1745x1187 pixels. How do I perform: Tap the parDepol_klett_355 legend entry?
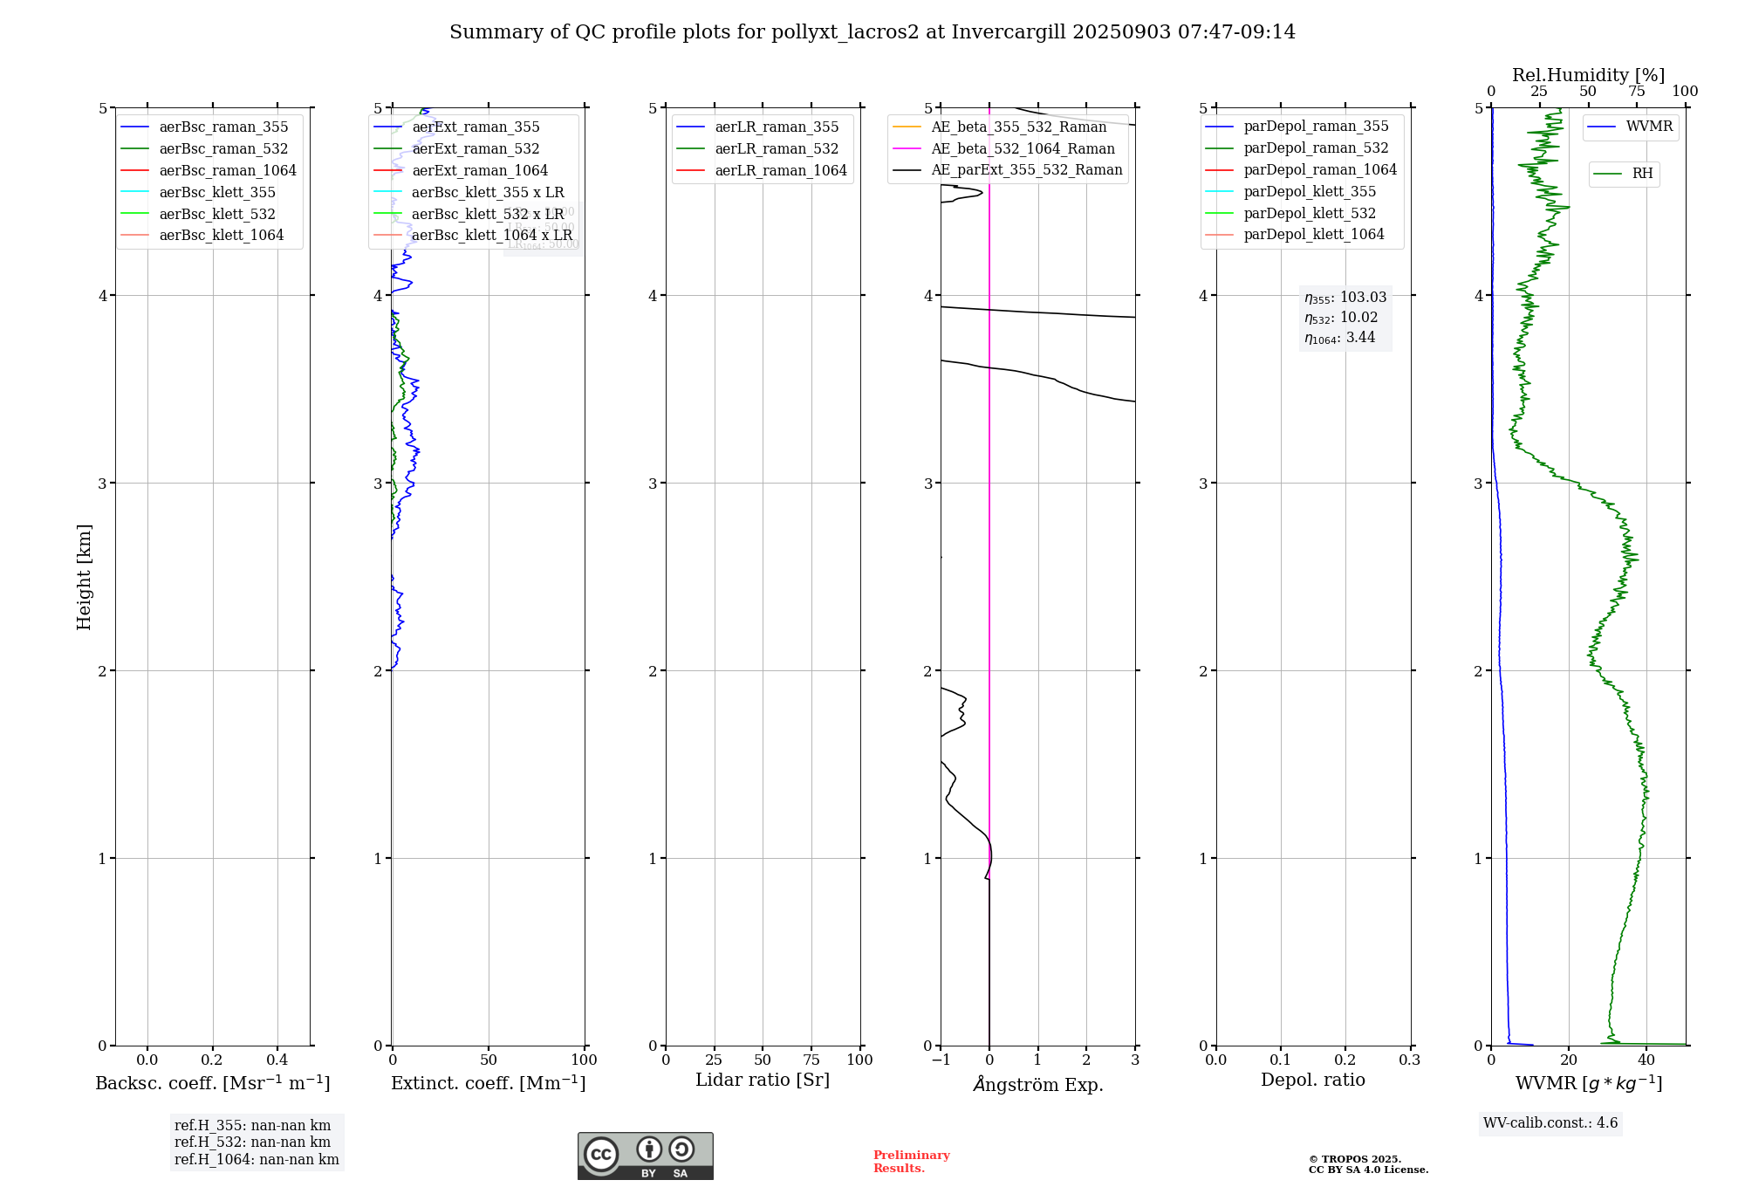coord(1310,192)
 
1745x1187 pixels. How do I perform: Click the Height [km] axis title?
coord(84,576)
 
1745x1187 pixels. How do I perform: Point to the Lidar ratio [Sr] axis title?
coord(763,1081)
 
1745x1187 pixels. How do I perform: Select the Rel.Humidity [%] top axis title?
coord(1588,75)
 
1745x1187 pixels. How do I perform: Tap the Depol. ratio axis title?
coord(1312,1081)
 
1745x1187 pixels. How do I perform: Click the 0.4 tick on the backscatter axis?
coord(277,1060)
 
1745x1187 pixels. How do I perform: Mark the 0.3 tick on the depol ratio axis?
coord(1409,1060)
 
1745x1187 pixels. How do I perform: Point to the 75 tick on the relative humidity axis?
coord(1637,92)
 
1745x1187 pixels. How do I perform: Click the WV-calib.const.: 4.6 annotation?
coord(1550,1123)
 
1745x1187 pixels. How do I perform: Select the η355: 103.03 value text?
coord(1345,298)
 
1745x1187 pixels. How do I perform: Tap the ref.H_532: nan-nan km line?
coord(252,1142)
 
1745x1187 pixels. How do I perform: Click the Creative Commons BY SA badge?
coord(645,1156)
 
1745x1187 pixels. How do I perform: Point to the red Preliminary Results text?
coord(911,1162)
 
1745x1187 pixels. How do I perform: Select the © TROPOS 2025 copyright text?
coord(1354,1160)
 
